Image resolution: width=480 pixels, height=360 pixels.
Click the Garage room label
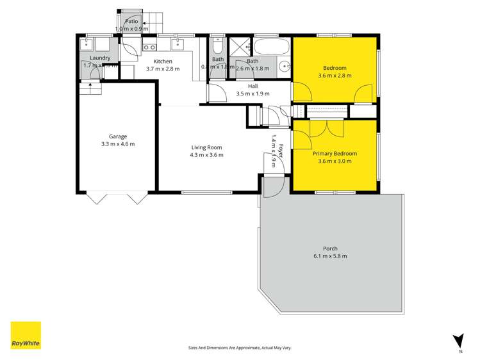[117, 136]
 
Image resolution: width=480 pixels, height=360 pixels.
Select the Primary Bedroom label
[335, 154]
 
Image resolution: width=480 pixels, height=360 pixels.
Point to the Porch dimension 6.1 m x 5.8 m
[330, 256]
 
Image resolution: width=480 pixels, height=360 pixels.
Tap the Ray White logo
[26, 335]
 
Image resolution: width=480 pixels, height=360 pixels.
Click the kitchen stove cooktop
[150, 47]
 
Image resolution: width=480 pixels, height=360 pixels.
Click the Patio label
[131, 21]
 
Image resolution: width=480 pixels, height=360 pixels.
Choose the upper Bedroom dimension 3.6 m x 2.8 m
[335, 76]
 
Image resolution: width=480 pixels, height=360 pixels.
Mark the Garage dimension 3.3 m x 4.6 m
[117, 143]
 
